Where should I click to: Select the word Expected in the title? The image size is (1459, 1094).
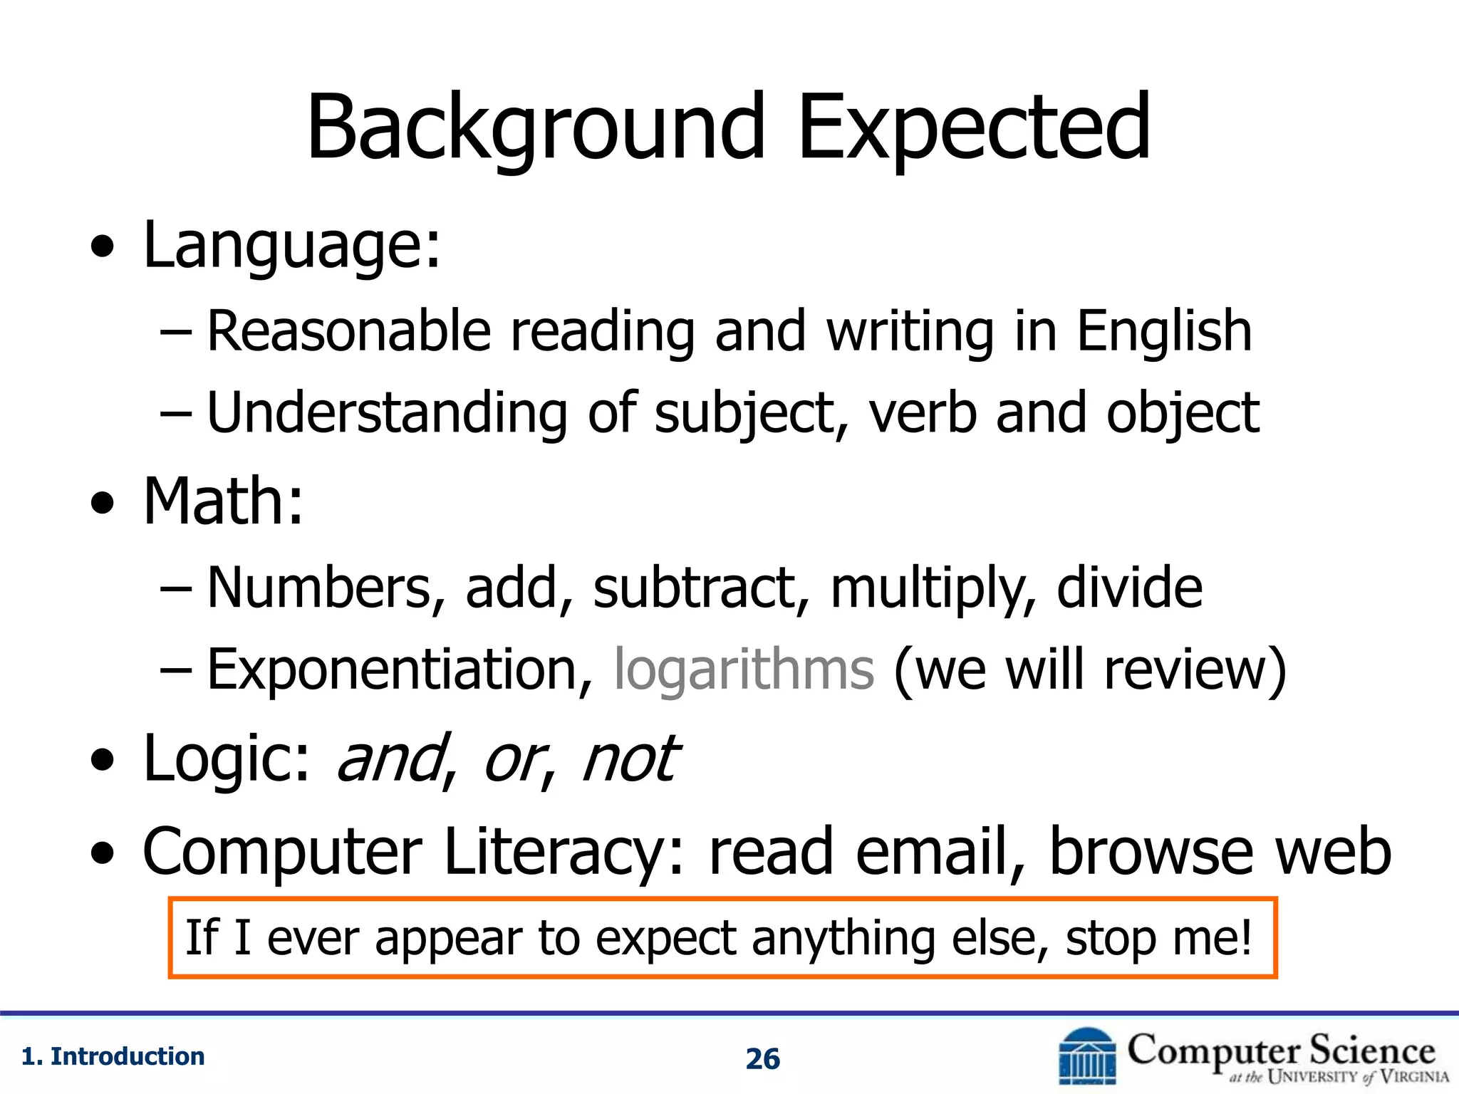coord(973,128)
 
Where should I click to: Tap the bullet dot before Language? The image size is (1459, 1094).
coord(103,247)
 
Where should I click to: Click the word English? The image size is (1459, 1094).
coord(1163,331)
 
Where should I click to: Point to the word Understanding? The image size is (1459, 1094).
coord(387,413)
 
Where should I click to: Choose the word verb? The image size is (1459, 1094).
coord(923,413)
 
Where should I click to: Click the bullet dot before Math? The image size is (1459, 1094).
coord(103,504)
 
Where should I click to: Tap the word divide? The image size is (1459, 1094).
coord(1129,588)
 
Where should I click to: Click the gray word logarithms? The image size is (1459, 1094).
coord(744,671)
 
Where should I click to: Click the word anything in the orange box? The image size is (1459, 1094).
coord(843,939)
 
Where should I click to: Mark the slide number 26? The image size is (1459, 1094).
coord(762,1059)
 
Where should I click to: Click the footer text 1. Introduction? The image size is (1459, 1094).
coord(113,1056)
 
